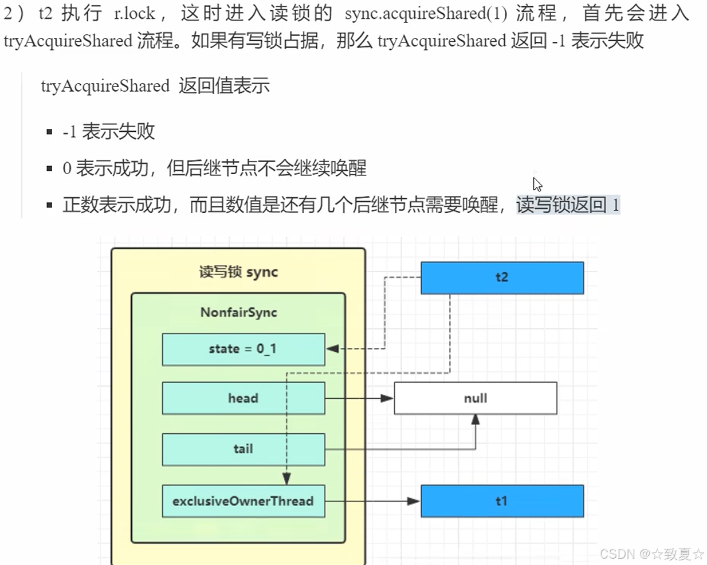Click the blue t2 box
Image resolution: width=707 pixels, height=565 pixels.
tap(502, 278)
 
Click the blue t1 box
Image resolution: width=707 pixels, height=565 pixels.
tap(502, 501)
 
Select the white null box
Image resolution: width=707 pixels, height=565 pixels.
tap(475, 398)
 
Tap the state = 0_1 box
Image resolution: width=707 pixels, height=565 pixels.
tap(243, 349)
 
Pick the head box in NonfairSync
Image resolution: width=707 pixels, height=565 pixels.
tap(243, 398)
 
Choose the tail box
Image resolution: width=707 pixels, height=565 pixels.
tap(243, 449)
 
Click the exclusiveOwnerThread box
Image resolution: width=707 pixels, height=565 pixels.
tap(243, 501)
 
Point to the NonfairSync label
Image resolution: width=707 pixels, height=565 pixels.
tap(238, 312)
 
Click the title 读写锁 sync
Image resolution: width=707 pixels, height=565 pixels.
tap(238, 272)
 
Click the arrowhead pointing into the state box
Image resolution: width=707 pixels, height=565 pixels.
tap(332, 348)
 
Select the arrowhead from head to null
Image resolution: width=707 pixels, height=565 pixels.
tap(387, 398)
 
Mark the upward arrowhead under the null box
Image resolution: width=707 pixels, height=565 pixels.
tap(475, 420)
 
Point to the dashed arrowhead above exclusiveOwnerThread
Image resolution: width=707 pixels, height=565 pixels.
tap(286, 478)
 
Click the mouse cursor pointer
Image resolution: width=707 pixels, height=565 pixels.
tap(536, 183)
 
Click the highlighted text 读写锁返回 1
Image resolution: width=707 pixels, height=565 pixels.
tap(567, 205)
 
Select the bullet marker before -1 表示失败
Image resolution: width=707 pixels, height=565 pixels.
tap(50, 132)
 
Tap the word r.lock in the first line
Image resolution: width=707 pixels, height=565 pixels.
tap(135, 13)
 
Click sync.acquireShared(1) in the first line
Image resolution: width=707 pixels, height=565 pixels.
tap(426, 13)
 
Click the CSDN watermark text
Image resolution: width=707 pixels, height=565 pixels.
tap(651, 554)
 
